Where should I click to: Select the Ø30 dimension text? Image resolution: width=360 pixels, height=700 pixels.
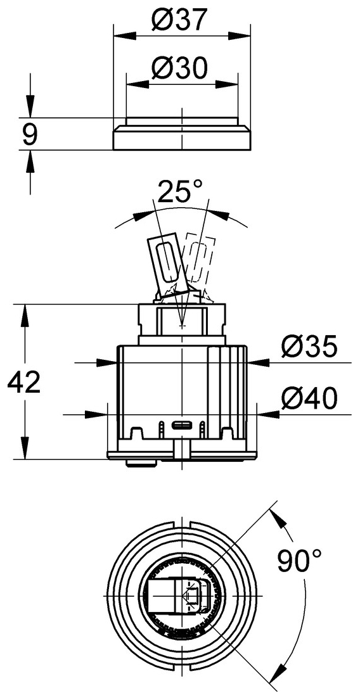[x=181, y=68]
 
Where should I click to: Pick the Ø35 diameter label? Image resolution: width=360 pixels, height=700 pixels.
[x=309, y=347]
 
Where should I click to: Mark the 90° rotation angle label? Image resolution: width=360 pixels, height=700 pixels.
[x=300, y=560]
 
